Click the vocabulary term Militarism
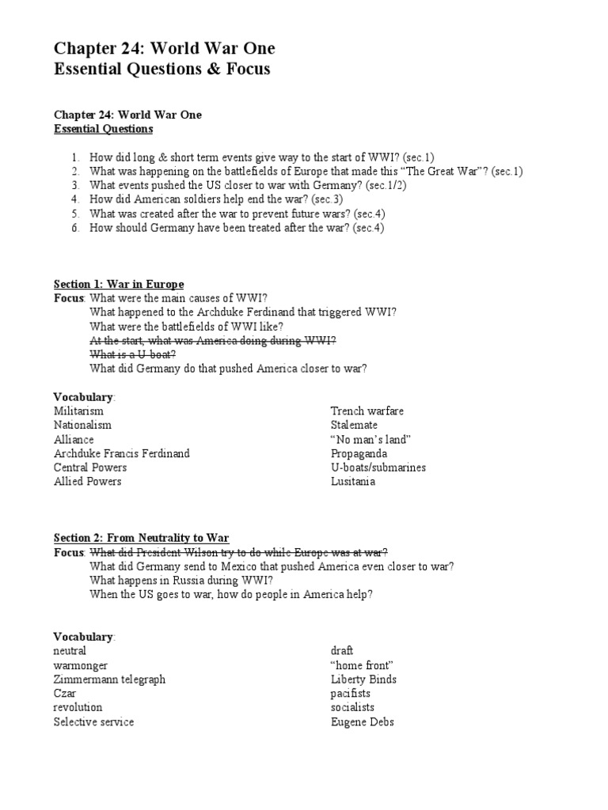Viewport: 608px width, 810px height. coord(78,411)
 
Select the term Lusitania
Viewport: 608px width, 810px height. coord(353,481)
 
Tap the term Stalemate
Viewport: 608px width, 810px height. coord(354,425)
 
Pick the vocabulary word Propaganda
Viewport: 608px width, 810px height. coord(359,453)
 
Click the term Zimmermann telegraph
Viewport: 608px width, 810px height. coord(109,679)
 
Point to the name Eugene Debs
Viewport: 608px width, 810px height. coord(362,721)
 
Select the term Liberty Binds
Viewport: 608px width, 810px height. coord(363,679)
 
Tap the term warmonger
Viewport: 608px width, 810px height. coord(81,665)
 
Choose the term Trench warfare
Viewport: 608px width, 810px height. coord(367,411)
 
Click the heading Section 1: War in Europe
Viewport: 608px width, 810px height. coord(119,284)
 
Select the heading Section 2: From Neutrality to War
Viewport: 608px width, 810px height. coord(141,538)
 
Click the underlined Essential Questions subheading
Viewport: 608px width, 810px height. coord(103,128)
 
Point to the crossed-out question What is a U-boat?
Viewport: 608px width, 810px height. coord(133,354)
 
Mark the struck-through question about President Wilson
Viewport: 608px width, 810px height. coord(239,552)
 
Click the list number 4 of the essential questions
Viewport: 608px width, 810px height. coord(74,199)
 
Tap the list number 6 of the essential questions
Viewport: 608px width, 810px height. coord(74,228)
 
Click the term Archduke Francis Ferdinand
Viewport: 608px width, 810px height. coord(121,453)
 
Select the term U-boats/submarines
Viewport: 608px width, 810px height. coord(378,467)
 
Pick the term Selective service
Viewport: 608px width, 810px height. coord(93,721)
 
